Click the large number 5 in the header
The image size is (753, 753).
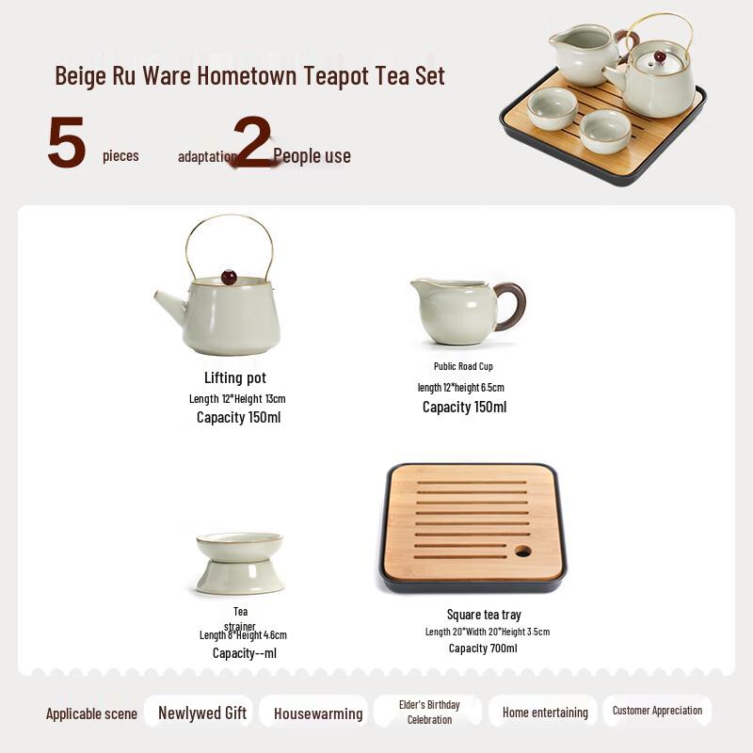pyautogui.click(x=67, y=144)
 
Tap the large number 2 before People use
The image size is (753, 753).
pyautogui.click(x=252, y=142)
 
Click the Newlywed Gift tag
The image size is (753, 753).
pyautogui.click(x=202, y=713)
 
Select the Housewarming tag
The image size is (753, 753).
pyautogui.click(x=318, y=713)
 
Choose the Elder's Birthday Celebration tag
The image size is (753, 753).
pyautogui.click(x=429, y=712)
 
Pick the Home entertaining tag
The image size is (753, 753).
pyautogui.click(x=545, y=713)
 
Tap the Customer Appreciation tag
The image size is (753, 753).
pyautogui.click(x=657, y=711)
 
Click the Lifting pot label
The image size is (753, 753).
pyautogui.click(x=235, y=378)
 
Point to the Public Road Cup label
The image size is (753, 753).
pyautogui.click(x=463, y=366)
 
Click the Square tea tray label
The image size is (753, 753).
pyautogui.click(x=484, y=615)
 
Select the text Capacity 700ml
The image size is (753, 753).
pyautogui.click(x=483, y=649)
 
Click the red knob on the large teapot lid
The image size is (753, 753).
pyautogui.click(x=229, y=277)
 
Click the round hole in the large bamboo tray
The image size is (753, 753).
pyautogui.click(x=522, y=551)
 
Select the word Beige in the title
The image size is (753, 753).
pyautogui.click(x=79, y=75)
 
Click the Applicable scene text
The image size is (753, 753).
pyautogui.click(x=91, y=713)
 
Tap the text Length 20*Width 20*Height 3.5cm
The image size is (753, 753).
pyautogui.click(x=487, y=632)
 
